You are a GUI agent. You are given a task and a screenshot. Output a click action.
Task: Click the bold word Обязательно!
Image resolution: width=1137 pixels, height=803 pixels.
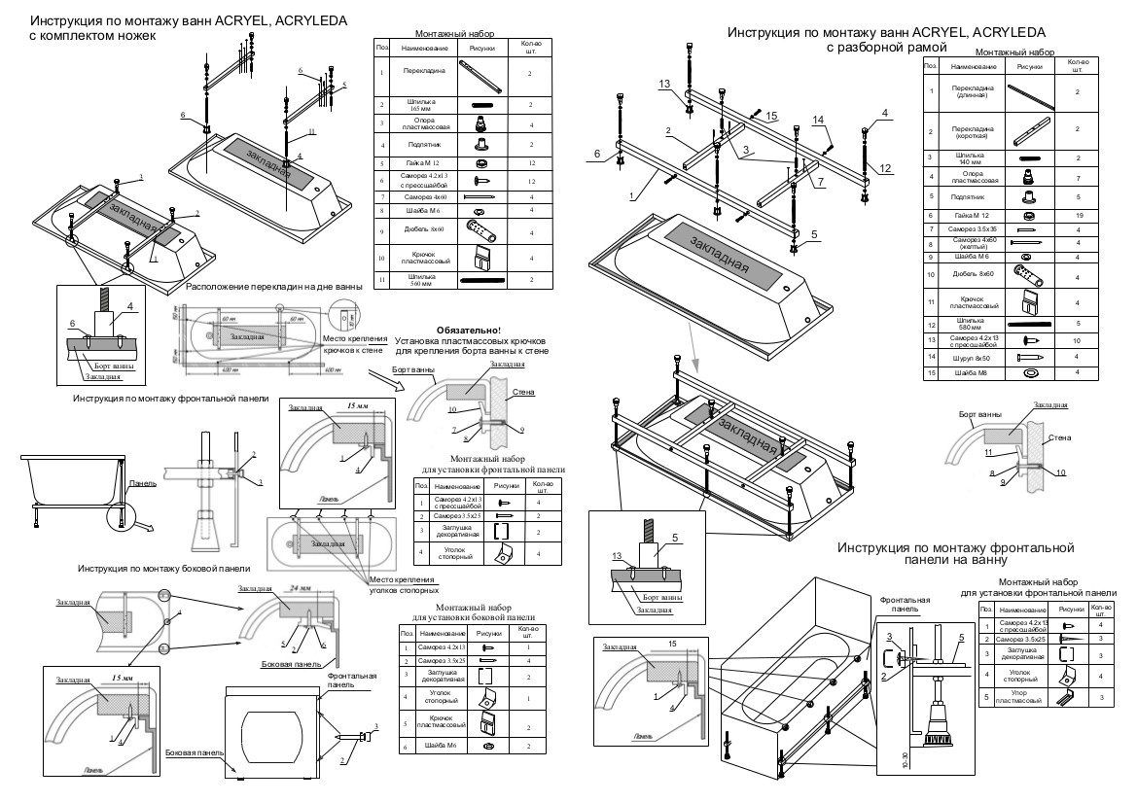pos(468,331)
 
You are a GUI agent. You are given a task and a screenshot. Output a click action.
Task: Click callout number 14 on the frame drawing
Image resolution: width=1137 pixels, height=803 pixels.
pos(818,121)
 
